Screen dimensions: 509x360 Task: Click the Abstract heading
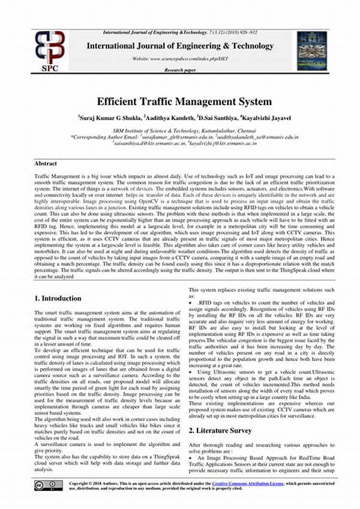click(x=46, y=163)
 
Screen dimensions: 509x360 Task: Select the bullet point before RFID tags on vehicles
click(x=191, y=305)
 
